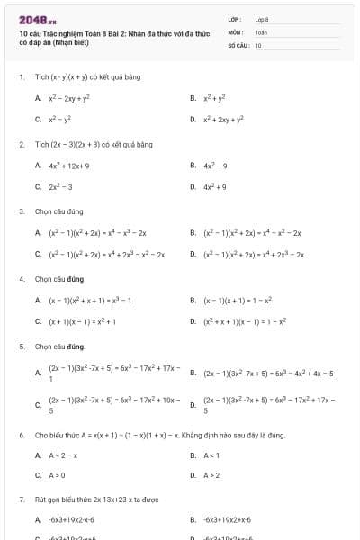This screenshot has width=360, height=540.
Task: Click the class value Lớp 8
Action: pyautogui.click(x=262, y=19)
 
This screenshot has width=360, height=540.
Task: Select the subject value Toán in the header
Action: pyautogui.click(x=261, y=31)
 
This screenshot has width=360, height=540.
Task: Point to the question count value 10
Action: pyautogui.click(x=258, y=44)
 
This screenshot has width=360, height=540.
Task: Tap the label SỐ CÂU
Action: pyautogui.click(x=237, y=44)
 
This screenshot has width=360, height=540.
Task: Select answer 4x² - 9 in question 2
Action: pyautogui.click(x=215, y=166)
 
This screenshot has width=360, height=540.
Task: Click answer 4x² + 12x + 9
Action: pyautogui.click(x=69, y=166)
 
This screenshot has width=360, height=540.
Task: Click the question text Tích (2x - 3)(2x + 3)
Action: pyautogui.click(x=94, y=144)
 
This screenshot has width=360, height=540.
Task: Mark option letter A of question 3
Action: pyautogui.click(x=38, y=233)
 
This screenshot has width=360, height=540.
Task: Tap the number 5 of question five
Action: pyautogui.click(x=21, y=346)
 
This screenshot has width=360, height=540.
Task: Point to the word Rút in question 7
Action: pyautogui.click(x=40, y=498)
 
